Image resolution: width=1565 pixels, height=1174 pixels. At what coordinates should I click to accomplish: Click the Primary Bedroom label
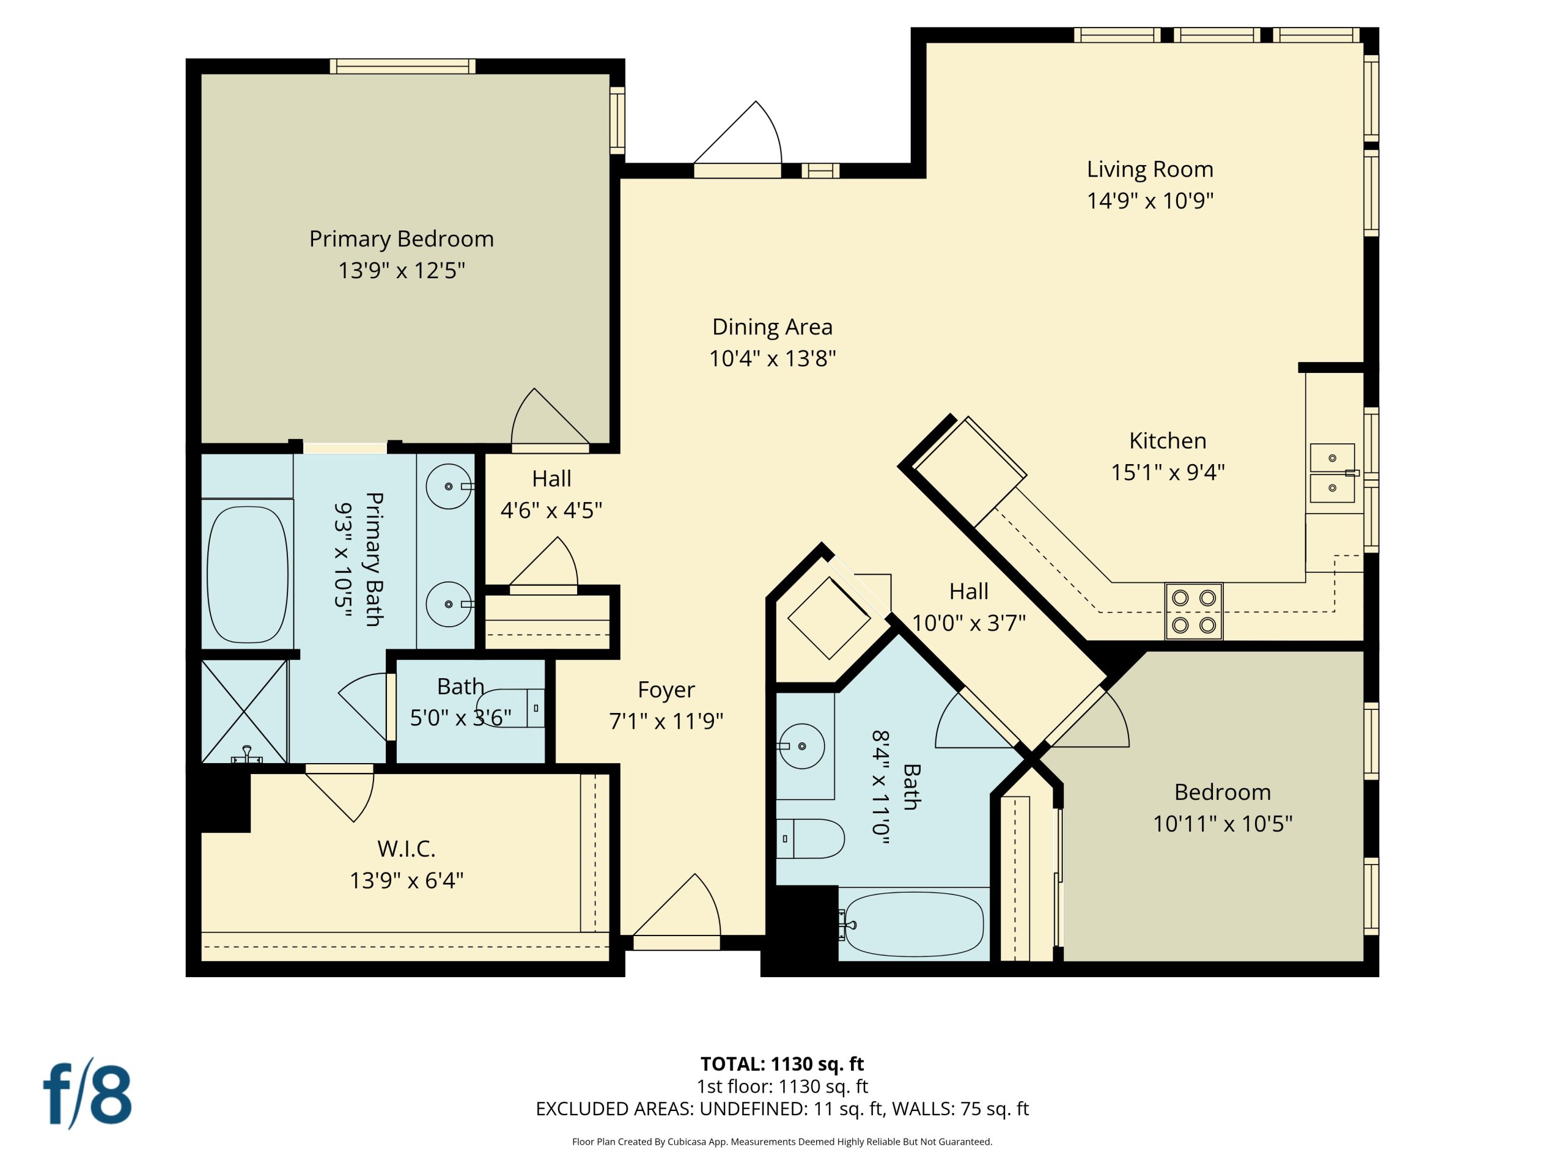(x=401, y=239)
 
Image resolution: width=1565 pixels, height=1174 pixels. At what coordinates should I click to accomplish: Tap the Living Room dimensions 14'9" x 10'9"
(x=1150, y=201)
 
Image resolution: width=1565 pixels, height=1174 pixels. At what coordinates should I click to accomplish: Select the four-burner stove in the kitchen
(x=1193, y=611)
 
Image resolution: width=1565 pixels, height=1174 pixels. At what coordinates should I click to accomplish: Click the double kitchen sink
(x=1332, y=473)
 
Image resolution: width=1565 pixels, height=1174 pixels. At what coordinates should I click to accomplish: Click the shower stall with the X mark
(x=244, y=711)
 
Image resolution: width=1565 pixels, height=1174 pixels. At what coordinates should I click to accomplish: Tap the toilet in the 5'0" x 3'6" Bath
(x=513, y=707)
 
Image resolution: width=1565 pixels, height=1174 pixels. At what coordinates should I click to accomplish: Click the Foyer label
(x=666, y=690)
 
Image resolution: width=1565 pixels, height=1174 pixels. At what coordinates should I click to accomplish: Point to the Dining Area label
(x=772, y=327)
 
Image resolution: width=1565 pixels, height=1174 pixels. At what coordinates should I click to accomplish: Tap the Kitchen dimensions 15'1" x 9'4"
(x=1168, y=472)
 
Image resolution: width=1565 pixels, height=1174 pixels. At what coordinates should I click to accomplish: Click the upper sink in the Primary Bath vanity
(x=449, y=487)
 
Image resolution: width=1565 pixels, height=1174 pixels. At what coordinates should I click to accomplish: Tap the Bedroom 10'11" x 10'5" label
(x=1223, y=792)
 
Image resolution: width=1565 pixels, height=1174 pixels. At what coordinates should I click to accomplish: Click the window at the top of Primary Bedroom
(x=403, y=67)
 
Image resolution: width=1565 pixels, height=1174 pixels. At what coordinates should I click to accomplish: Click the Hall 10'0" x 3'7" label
(x=968, y=592)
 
